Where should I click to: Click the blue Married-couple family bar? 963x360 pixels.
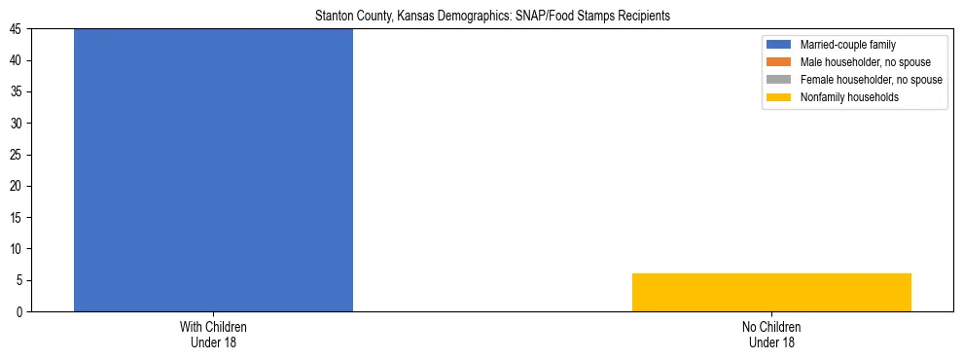point(213,170)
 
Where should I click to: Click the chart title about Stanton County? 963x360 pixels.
point(492,17)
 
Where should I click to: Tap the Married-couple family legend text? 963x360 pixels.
point(847,45)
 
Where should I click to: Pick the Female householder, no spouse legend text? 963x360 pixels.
point(871,80)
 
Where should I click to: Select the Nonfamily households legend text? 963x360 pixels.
point(849,97)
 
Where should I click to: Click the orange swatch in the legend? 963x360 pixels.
point(780,62)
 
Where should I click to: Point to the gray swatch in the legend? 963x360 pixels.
point(780,80)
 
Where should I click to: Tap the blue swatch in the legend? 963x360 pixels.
point(780,45)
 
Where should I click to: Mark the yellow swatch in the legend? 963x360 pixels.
point(780,97)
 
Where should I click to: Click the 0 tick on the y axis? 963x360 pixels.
point(22,311)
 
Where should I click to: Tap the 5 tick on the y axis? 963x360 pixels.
point(22,280)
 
